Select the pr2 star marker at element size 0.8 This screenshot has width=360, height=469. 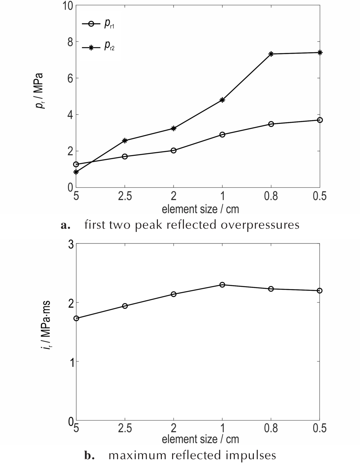coord(271,54)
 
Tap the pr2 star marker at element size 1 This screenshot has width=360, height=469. coord(222,100)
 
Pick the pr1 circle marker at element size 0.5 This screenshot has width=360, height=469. coord(319,120)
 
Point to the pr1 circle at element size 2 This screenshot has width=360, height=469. coord(173,150)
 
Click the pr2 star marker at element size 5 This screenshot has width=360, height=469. coord(76,172)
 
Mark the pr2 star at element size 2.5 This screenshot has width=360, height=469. coord(125,140)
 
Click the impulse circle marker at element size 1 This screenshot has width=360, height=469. coord(222,285)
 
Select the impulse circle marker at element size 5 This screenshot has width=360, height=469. coord(76,318)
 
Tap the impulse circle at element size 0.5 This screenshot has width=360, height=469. coord(319,290)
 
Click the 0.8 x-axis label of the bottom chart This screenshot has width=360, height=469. coord(271,428)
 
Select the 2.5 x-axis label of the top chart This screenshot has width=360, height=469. coord(125,196)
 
